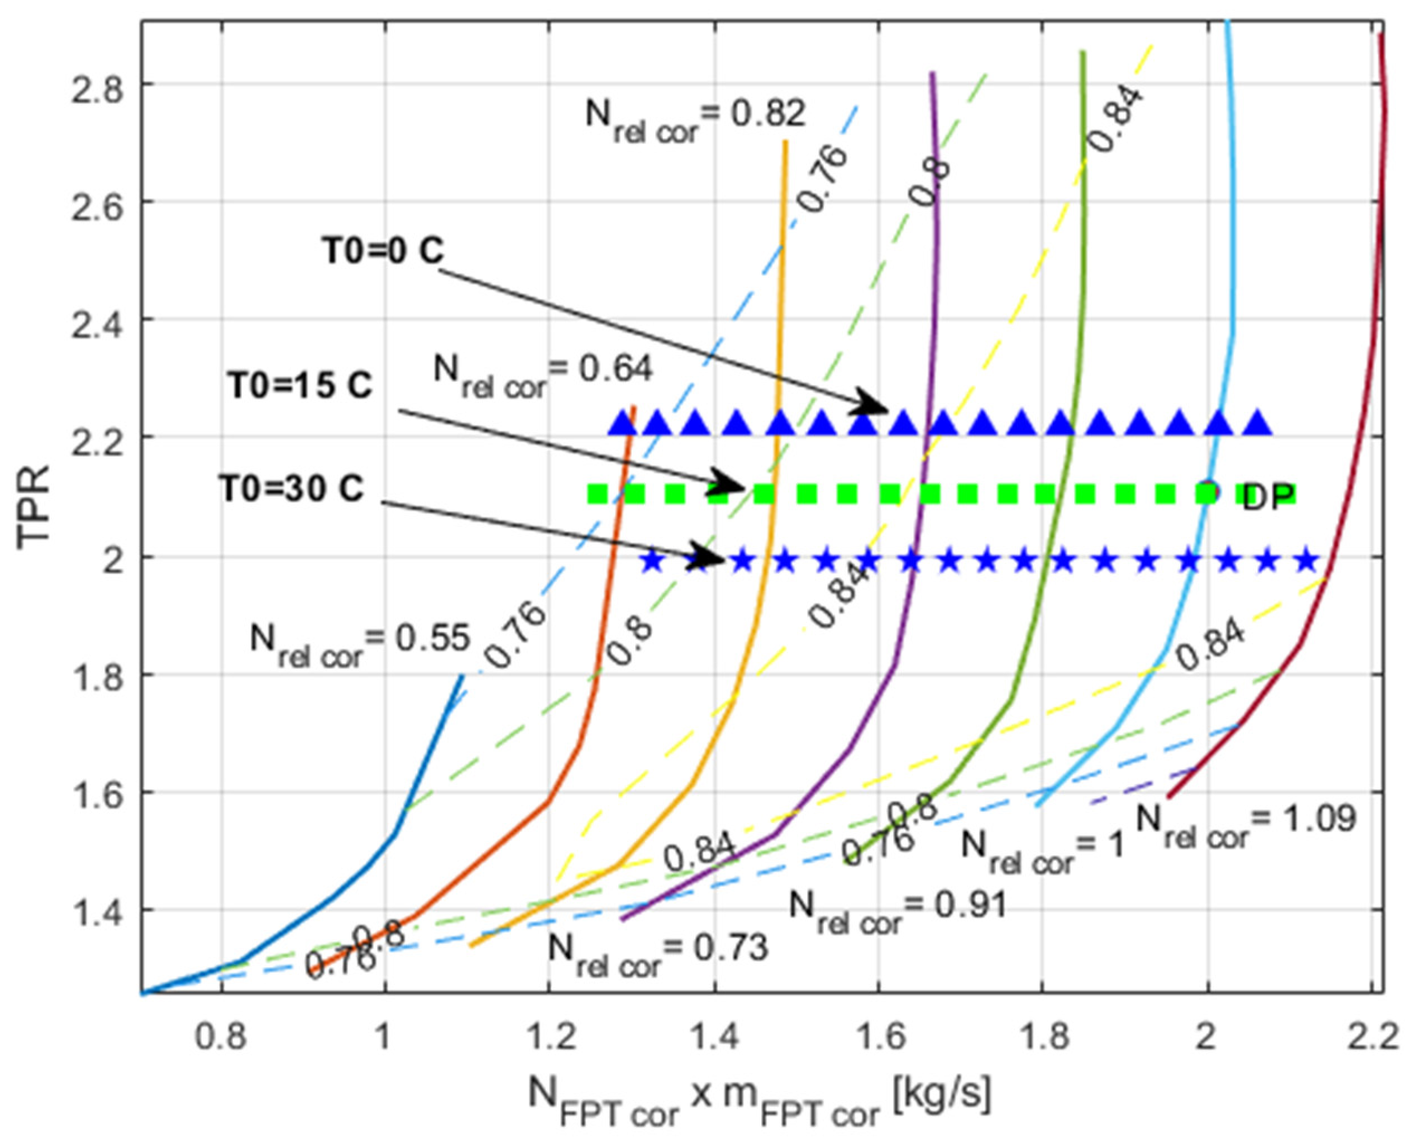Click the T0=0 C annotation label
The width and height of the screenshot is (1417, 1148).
(383, 252)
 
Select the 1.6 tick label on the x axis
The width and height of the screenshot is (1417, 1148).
(879, 1037)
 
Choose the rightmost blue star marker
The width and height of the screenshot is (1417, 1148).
(1307, 561)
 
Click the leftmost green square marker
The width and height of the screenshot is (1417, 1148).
(598, 494)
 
